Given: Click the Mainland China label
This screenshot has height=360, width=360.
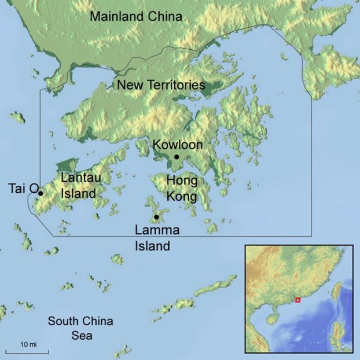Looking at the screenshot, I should pyautogui.click(x=135, y=16).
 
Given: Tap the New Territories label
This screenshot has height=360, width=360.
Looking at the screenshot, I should pyautogui.click(x=161, y=86).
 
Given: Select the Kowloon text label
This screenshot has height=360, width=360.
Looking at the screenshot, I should pyautogui.click(x=177, y=144).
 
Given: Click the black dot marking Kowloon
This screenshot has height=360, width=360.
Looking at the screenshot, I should pyautogui.click(x=177, y=157).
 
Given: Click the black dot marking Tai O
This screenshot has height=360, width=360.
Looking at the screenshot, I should pyautogui.click(x=41, y=193).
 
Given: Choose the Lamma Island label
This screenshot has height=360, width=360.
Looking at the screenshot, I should pyautogui.click(x=157, y=238).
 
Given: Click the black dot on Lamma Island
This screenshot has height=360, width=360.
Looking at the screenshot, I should pyautogui.click(x=156, y=217).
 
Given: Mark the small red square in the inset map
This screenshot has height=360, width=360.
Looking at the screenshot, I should pyautogui.click(x=298, y=300).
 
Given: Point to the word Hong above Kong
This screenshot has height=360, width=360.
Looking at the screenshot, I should pyautogui.click(x=182, y=181).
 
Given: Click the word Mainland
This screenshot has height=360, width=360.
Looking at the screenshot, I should pyautogui.click(x=114, y=16).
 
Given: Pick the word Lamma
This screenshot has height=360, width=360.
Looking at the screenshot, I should pyautogui.click(x=157, y=230).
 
